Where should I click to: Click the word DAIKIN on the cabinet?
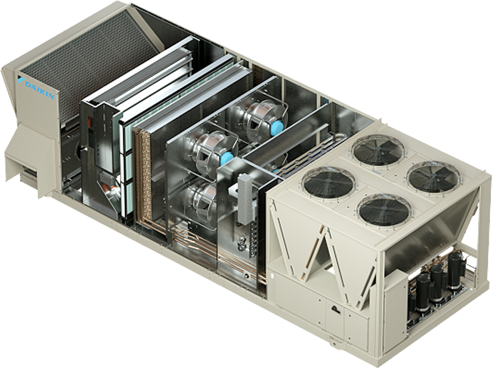click(x=39, y=90)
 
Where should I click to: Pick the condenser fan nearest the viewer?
click(x=384, y=210)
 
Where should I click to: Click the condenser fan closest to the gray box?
click(x=328, y=182)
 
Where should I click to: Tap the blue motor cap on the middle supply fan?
click(x=227, y=157)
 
